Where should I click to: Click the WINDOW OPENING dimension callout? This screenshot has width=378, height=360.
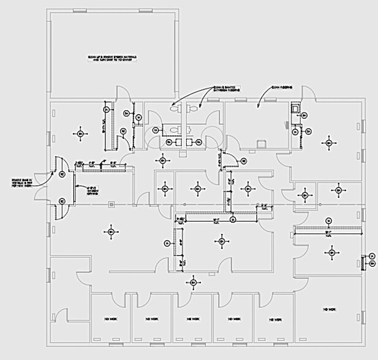point(89,191)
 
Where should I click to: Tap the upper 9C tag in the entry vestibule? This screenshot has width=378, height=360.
point(62,174)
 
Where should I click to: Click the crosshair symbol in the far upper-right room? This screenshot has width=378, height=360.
point(329,142)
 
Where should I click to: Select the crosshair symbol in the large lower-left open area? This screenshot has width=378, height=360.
point(111,232)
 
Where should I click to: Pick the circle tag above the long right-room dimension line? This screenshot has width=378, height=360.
point(328,221)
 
